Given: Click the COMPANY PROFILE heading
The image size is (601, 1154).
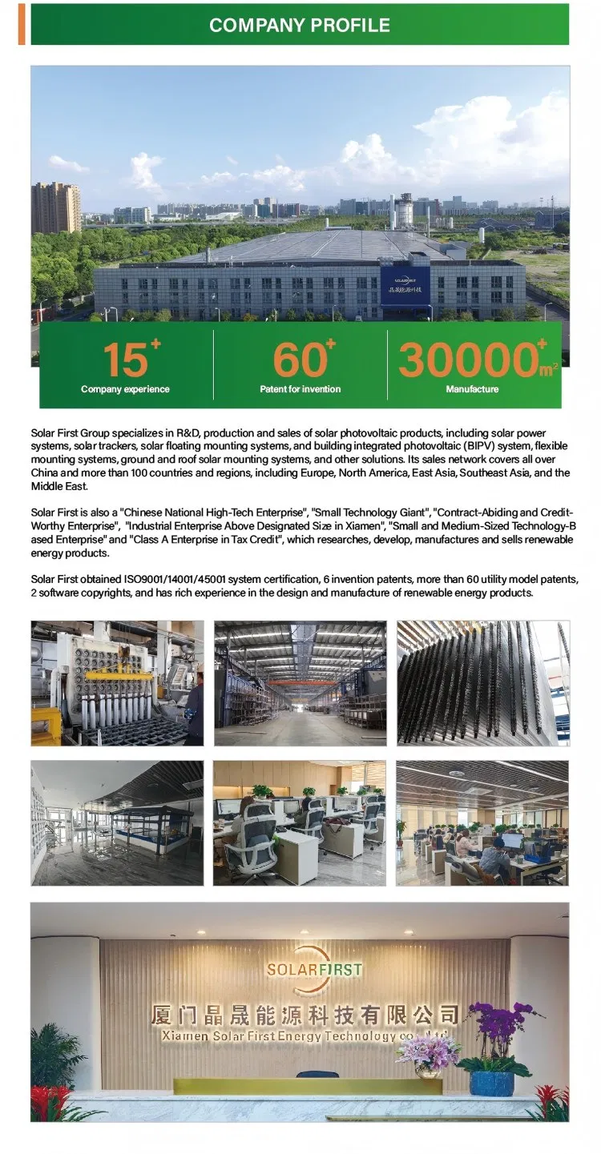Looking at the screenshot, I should (x=299, y=25).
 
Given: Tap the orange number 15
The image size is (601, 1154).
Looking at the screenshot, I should (x=124, y=360).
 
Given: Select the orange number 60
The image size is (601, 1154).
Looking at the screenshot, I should (x=300, y=360).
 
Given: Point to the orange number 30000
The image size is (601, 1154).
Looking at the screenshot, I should (x=468, y=360).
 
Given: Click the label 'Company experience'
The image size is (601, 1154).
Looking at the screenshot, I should (x=125, y=389).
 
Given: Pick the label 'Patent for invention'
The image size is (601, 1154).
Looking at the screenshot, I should (x=300, y=389).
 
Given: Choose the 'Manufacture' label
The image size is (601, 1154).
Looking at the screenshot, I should (x=472, y=389).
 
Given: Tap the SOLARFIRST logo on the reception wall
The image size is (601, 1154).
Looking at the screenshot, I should (x=314, y=969).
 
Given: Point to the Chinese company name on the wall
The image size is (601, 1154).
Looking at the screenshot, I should (x=305, y=1015).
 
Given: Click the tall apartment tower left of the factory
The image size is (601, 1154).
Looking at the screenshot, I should (x=56, y=207).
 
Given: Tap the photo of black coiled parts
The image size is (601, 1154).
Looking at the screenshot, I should (x=482, y=682).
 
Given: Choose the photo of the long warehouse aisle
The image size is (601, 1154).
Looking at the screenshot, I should (x=300, y=682).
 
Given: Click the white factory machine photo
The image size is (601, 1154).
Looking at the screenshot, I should (x=117, y=682).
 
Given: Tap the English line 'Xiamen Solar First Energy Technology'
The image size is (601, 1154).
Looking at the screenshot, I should (x=264, y=1036).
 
